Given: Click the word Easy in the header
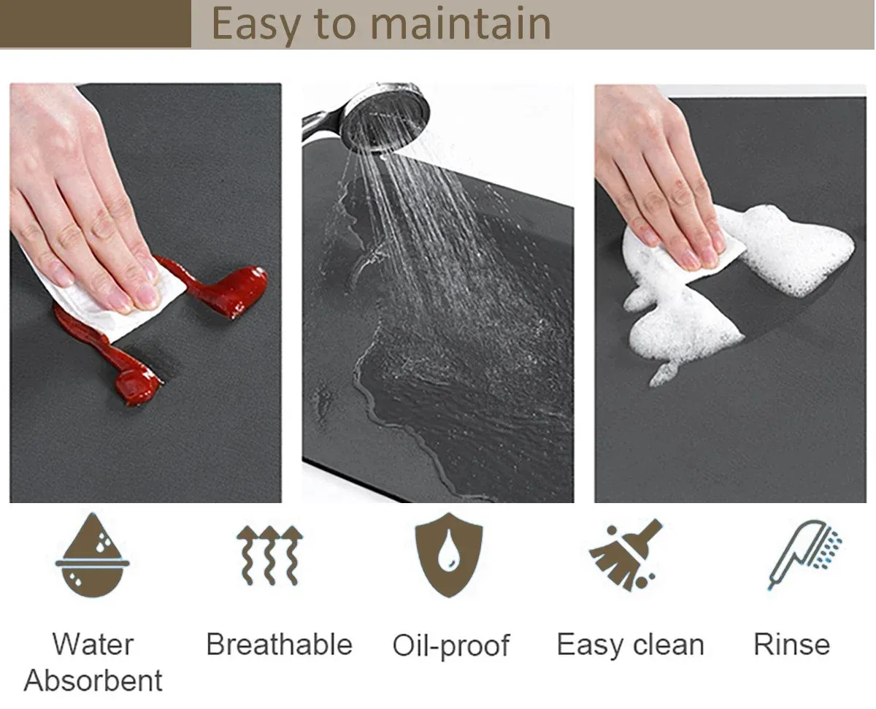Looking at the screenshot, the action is tap(255, 26).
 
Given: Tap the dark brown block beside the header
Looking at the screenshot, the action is tap(96, 23).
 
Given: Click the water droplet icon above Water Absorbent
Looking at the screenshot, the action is tap(93, 555).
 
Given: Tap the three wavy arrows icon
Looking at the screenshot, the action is tap(269, 555).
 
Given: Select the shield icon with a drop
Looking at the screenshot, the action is tap(449, 554).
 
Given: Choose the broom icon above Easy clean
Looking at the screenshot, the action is tap(626, 554).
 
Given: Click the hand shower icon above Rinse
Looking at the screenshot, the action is tap(804, 554).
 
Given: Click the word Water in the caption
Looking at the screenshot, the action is tap(93, 644).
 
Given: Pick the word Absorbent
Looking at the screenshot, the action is tap(93, 681).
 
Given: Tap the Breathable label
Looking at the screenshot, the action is tap(280, 644).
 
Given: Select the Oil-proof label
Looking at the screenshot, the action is tap(451, 646).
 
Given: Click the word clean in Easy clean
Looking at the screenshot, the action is tap(669, 645).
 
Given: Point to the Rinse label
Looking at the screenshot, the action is tap(792, 644).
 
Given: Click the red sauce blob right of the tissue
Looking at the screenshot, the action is tap(222, 288).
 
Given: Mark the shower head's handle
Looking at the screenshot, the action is tap(323, 123).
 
